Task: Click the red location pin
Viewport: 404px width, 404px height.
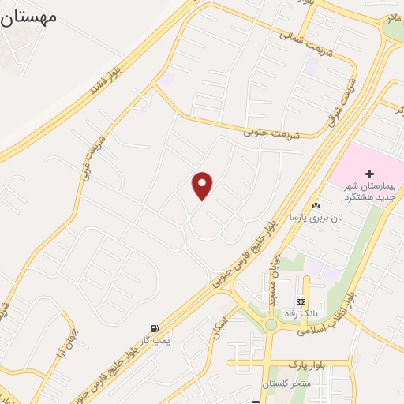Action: tap(203, 185)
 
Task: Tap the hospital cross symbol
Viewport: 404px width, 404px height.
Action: tap(369, 173)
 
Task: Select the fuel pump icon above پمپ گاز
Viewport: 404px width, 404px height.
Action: tap(154, 328)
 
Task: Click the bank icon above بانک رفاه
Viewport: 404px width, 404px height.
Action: tap(301, 301)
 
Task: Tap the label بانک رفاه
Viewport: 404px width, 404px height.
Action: tap(301, 313)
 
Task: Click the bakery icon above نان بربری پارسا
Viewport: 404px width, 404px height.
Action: tap(316, 204)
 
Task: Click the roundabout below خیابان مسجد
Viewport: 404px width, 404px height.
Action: tap(271, 324)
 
